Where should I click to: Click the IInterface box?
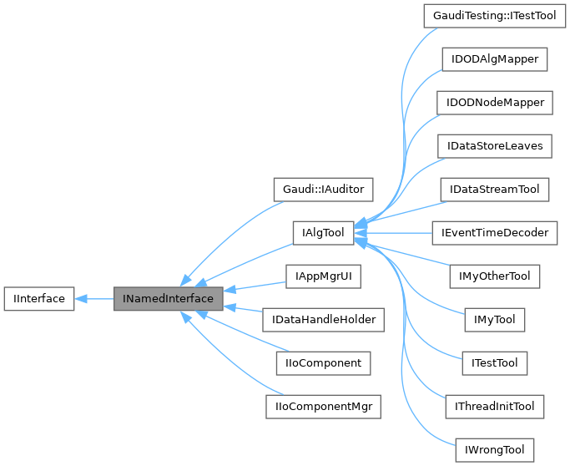pyautogui.click(x=38, y=298)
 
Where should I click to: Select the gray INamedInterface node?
pyautogui.click(x=168, y=298)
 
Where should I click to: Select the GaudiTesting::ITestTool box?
pyautogui.click(x=494, y=16)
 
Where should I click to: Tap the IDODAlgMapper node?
pyautogui.click(x=494, y=59)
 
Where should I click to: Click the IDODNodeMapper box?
pyautogui.click(x=494, y=103)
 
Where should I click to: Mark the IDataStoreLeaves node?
pyautogui.click(x=494, y=146)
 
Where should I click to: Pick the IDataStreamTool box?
pyautogui.click(x=494, y=190)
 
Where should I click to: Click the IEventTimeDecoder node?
pyautogui.click(x=494, y=233)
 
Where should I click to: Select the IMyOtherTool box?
pyautogui.click(x=494, y=276)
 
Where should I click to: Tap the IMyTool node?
pyautogui.click(x=494, y=319)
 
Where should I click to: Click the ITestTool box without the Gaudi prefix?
pyautogui.click(x=494, y=362)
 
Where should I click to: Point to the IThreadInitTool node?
pyautogui.click(x=494, y=407)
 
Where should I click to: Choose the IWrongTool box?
pyautogui.click(x=494, y=450)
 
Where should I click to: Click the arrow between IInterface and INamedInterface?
pyautogui.click(x=94, y=298)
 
